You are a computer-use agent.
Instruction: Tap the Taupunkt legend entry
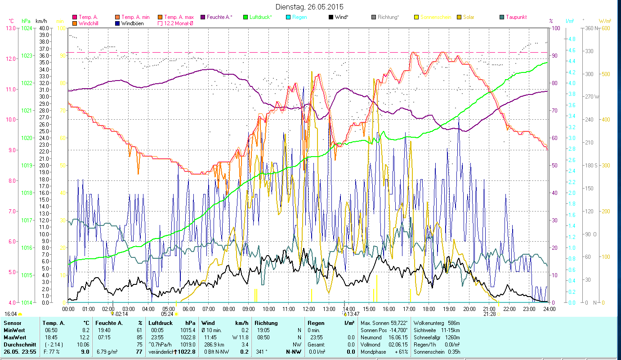[516, 17]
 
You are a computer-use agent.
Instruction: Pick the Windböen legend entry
[132, 23]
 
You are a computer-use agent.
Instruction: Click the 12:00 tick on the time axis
[309, 309]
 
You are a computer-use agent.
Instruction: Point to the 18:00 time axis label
[429, 309]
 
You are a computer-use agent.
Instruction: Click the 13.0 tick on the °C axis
[10, 28]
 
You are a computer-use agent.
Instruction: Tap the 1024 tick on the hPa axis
[26, 28]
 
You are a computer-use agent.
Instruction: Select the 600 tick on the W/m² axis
[605, 28]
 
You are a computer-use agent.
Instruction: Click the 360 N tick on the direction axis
[590, 28]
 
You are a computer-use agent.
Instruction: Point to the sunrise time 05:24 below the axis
[167, 314]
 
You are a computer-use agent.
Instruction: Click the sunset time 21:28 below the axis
[490, 314]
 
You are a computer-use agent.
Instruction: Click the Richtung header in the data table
[266, 323]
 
